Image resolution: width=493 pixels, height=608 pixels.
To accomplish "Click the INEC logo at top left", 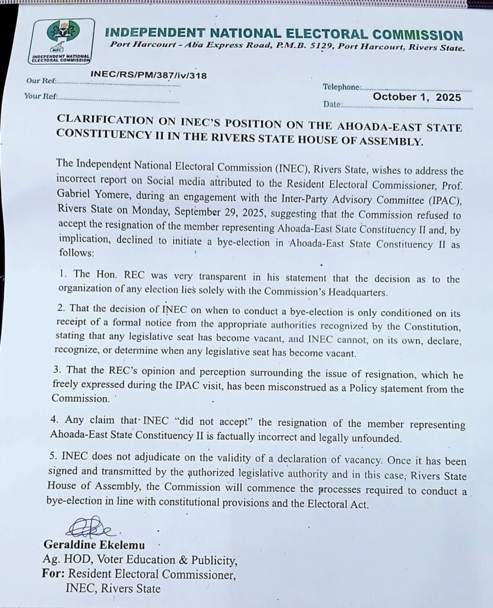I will click(x=62, y=40).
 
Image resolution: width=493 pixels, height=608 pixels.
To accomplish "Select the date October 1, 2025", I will click(x=416, y=97).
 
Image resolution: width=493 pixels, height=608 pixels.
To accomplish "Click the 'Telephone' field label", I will click(x=342, y=87).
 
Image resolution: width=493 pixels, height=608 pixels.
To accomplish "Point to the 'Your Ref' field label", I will click(x=40, y=96).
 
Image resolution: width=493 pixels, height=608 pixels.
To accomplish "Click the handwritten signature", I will click(x=90, y=527).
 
